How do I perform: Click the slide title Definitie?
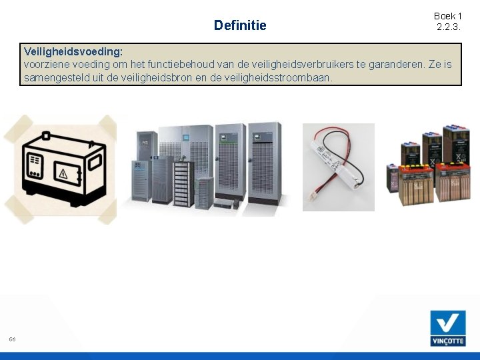point(239,25)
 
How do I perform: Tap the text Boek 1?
point(447,16)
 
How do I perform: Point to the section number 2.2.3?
point(448,27)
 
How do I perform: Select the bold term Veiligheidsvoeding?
point(73,51)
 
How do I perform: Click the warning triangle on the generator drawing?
point(64,175)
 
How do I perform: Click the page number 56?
point(12,339)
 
